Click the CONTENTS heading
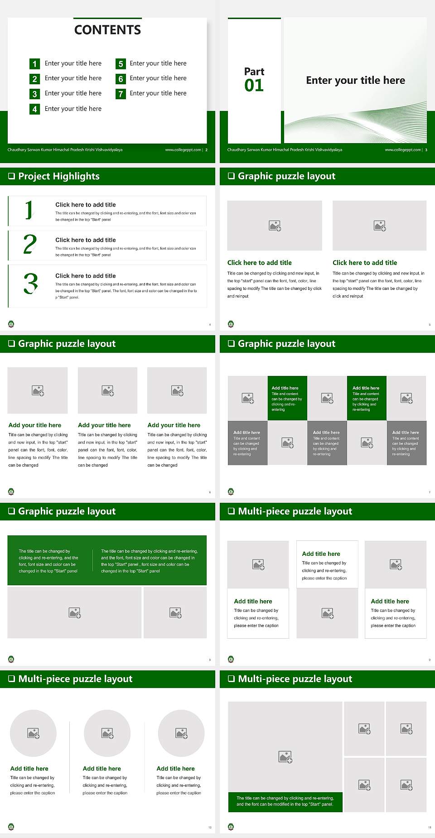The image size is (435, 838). point(107,30)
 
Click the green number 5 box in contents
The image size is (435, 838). point(121,64)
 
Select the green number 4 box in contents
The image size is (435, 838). point(34,109)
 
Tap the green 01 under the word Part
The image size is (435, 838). point(254,85)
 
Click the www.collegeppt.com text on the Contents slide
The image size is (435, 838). point(183,150)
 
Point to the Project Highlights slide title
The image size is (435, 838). point(59,176)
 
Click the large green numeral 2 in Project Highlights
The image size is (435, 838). point(30,244)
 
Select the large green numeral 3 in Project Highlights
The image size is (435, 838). point(30,284)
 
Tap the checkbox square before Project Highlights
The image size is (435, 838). point(11,176)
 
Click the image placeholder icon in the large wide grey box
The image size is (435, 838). point(75,613)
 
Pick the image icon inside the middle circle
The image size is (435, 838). point(107,733)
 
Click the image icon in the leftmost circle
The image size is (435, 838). point(34,733)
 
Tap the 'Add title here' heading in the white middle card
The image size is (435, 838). point(321,554)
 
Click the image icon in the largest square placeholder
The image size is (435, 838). point(285,756)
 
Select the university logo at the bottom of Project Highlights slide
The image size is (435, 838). point(11,324)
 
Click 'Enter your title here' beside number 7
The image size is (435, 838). point(158,93)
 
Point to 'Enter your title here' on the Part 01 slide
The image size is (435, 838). point(355,80)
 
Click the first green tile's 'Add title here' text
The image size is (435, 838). point(285,388)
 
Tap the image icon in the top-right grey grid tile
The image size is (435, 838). point(406,398)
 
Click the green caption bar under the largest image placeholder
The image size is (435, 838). point(285,801)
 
